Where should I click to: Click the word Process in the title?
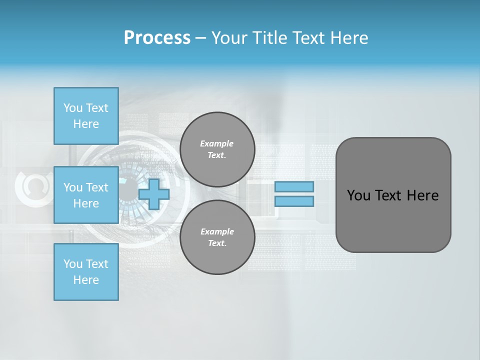[157, 38]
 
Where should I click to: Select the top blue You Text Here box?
[86, 116]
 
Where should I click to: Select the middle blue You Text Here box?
[86, 195]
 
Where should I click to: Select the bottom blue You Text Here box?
[86, 272]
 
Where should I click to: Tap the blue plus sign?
[154, 194]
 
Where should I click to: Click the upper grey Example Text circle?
[217, 149]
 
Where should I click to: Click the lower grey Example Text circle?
[217, 237]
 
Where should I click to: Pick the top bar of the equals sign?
[294, 186]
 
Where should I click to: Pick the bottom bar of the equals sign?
[294, 201]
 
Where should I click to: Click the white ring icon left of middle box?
[32, 186]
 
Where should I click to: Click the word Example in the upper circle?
[217, 143]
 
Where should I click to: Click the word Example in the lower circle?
[217, 231]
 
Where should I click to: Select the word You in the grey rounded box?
[358, 195]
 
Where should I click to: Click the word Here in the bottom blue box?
[86, 280]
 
